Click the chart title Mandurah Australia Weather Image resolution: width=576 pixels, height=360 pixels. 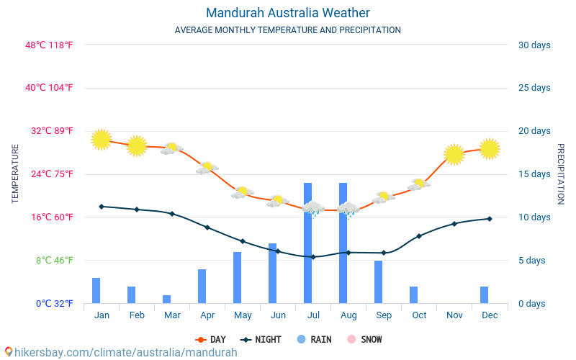pyautogui.click(x=287, y=13)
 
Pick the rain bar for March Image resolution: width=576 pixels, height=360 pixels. pyautogui.click(x=166, y=299)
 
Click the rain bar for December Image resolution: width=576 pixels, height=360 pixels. pyautogui.click(x=484, y=294)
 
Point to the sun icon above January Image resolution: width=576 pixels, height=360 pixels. pyautogui.click(x=102, y=139)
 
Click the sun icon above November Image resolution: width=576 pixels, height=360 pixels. pyautogui.click(x=454, y=154)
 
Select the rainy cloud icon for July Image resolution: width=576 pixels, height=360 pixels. pyautogui.click(x=313, y=209)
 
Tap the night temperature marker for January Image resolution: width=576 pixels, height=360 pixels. pyautogui.click(x=102, y=207)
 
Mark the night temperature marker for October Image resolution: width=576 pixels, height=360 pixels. pyautogui.click(x=418, y=236)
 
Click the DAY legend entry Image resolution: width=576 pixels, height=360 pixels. pyautogui.click(x=210, y=339)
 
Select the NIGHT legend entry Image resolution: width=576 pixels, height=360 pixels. pyautogui.click(x=261, y=339)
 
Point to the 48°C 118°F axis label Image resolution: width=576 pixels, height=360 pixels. pyautogui.click(x=49, y=45)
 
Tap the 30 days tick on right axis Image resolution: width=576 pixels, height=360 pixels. pyautogui.click(x=534, y=45)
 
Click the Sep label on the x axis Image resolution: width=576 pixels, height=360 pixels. pyautogui.click(x=384, y=315)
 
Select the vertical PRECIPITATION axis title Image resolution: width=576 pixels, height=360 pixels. pyautogui.click(x=561, y=174)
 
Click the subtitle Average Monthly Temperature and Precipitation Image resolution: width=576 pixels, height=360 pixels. pyautogui.click(x=287, y=30)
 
